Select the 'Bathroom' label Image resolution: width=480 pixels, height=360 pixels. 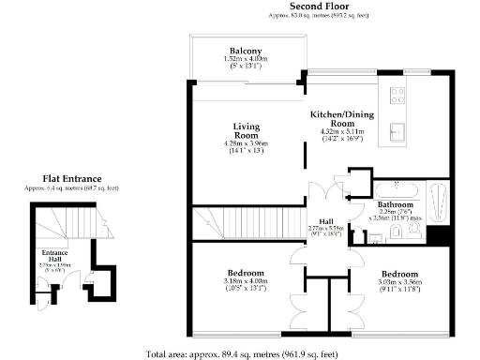(395, 203)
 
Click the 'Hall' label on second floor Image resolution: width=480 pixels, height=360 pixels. (327, 220)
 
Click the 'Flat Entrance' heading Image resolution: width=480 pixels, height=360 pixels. (72, 178)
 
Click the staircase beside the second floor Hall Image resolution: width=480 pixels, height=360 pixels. (226, 224)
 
